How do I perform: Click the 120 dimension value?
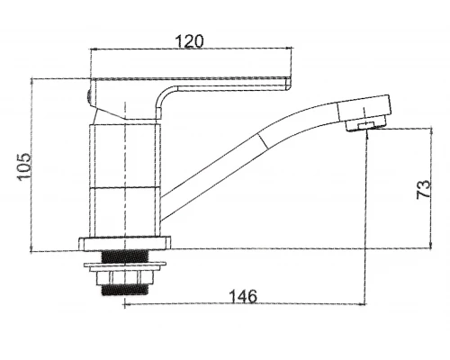(x=189, y=41)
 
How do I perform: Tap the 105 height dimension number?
(x=24, y=166)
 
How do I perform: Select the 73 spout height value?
(x=424, y=189)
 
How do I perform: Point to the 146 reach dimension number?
(x=243, y=296)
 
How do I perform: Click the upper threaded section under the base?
(x=125, y=256)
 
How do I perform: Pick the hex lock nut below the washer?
(x=124, y=278)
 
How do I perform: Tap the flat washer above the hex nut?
(x=125, y=266)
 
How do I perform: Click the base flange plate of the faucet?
(x=124, y=244)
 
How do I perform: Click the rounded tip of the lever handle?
(x=288, y=84)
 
